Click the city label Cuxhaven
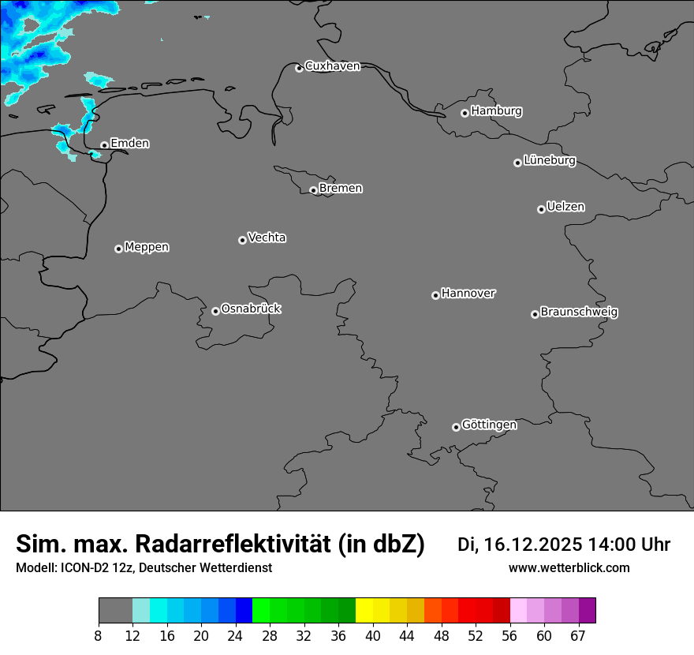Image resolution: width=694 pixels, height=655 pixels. (332, 66)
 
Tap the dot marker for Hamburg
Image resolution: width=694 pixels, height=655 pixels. (465, 113)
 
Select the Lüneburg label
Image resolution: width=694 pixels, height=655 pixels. (550, 160)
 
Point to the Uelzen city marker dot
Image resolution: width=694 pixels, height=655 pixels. (541, 209)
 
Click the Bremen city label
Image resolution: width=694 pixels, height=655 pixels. (341, 189)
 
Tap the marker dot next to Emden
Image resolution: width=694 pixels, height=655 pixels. (104, 145)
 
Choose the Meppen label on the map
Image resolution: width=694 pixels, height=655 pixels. (147, 247)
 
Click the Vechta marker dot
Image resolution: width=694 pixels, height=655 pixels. (242, 240)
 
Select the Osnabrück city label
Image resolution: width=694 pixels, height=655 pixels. (251, 309)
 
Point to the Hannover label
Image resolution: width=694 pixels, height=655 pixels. (468, 294)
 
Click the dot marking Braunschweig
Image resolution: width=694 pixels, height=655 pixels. (535, 314)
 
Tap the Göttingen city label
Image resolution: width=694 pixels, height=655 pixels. (489, 425)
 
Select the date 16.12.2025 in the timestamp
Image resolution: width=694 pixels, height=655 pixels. (533, 545)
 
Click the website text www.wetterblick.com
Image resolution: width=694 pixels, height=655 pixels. (569, 567)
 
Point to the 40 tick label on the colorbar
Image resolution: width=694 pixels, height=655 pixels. (373, 636)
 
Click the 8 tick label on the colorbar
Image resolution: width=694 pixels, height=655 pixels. (99, 636)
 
